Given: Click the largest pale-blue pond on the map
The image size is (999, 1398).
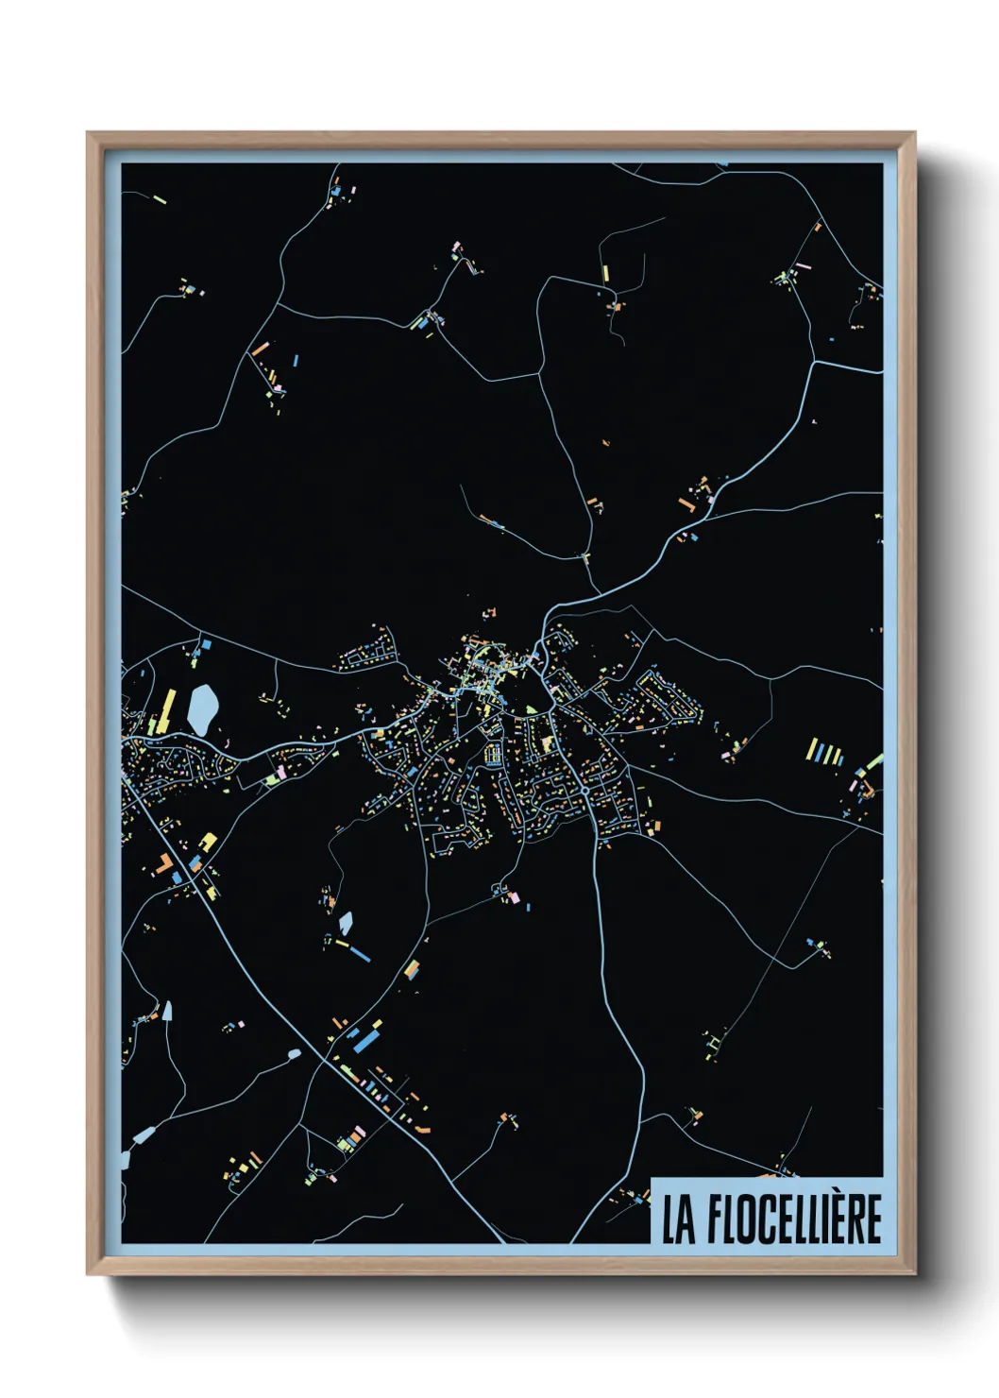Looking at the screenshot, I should click(202, 708).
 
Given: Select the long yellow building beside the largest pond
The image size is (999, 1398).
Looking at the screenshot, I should click(168, 710).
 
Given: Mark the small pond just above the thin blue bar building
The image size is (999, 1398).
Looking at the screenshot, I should click(346, 923).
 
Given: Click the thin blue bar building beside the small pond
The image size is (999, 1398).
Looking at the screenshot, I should click(359, 952).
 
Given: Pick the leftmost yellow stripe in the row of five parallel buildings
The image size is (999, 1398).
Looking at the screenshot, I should click(810, 750).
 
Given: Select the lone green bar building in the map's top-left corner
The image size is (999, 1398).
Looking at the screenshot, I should click(158, 199).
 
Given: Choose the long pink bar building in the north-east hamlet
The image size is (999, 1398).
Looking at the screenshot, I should click(802, 267).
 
